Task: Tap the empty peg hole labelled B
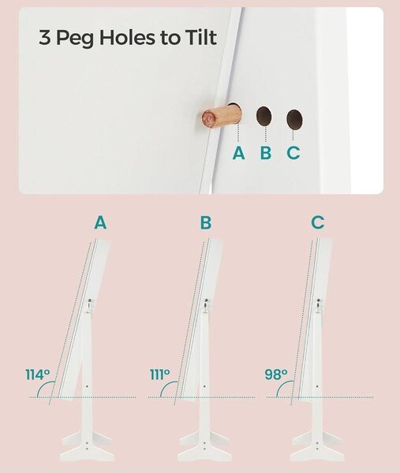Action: point(264,116)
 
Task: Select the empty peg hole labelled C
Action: point(294,120)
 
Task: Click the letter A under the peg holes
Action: point(238,153)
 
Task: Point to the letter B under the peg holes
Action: point(266,153)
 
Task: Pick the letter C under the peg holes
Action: point(293,153)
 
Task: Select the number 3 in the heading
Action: point(45,38)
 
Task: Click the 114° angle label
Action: point(37,374)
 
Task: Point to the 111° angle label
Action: point(160,374)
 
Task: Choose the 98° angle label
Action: point(276,374)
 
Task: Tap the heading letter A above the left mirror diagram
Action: point(100,222)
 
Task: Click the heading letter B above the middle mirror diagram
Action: point(206,222)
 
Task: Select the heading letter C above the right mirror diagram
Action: point(318,222)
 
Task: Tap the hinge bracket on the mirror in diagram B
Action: point(206,305)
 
